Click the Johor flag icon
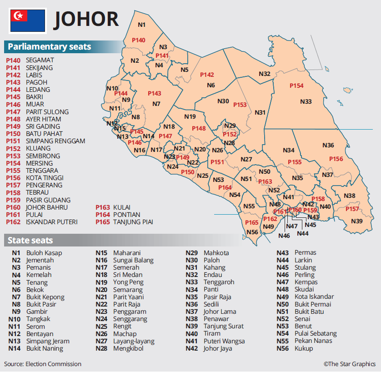point(28,21)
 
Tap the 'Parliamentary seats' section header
point(49,47)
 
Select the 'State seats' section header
point(30,241)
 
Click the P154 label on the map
point(296,86)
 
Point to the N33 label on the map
point(306,101)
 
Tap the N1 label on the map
point(141,25)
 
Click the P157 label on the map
point(352,209)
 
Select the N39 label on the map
point(357,221)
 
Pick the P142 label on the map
point(207,75)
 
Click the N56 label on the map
point(252,232)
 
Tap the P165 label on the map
point(251,222)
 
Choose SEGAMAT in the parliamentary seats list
point(40,60)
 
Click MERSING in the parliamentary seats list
point(39,163)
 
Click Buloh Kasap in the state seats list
point(44,253)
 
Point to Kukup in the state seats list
point(304,348)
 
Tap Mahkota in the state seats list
point(216,253)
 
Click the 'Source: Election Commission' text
point(43,364)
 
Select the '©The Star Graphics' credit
point(350,364)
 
